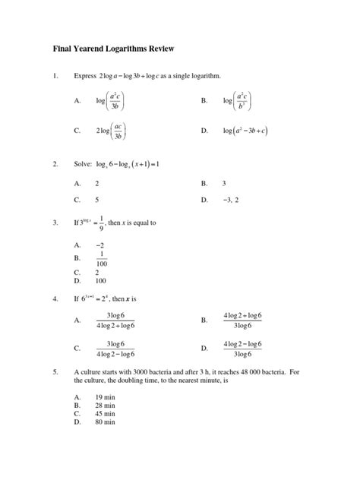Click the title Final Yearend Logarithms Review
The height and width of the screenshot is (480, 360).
[x=113, y=49]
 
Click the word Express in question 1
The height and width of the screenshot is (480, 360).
[x=85, y=77]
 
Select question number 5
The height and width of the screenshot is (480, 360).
[x=55, y=373]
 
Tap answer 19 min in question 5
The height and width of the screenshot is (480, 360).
[x=105, y=397]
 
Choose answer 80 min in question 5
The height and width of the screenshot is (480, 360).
[x=105, y=422]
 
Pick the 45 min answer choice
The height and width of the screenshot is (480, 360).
[x=105, y=414]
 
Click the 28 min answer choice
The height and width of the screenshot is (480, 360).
[x=105, y=406]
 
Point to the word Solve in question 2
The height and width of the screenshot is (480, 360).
[x=83, y=164]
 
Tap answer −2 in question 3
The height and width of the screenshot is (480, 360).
[x=99, y=245]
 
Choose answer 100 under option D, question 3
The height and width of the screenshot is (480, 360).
[x=101, y=279]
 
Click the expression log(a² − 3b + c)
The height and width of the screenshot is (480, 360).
[x=245, y=131]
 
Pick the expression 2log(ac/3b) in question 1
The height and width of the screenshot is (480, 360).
[x=111, y=131]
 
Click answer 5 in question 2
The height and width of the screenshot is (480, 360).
[x=97, y=200]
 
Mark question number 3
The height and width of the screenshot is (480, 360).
[x=55, y=223]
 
